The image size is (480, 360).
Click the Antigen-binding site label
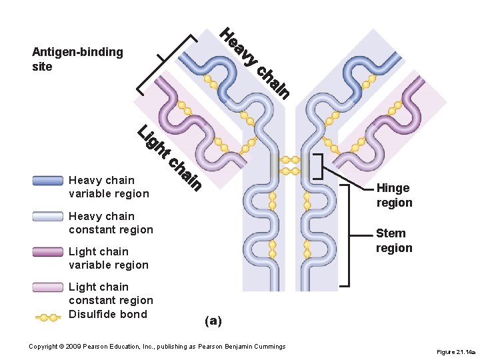pyautogui.click(x=77, y=59)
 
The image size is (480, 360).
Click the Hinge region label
pyautogui.click(x=394, y=195)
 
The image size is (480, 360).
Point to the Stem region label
pyautogui.click(x=394, y=241)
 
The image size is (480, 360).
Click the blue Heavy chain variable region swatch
pyautogui.click(x=48, y=181)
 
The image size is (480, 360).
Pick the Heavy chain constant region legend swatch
pyautogui.click(x=48, y=217)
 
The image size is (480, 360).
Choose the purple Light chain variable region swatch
pyautogui.click(x=48, y=252)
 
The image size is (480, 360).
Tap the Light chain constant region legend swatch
pyautogui.click(x=48, y=287)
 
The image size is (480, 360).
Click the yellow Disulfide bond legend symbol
pyautogui.click(x=48, y=317)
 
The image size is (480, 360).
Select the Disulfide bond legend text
pyautogui.click(x=107, y=315)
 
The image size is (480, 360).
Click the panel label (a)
pyautogui.click(x=213, y=321)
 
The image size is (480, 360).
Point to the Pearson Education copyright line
pyautogui.click(x=157, y=347)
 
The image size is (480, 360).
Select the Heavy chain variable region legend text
pyautogui.click(x=109, y=187)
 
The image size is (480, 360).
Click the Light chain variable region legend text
pyautogui.click(x=109, y=258)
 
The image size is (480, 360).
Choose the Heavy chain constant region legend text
pyautogui.click(x=111, y=223)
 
